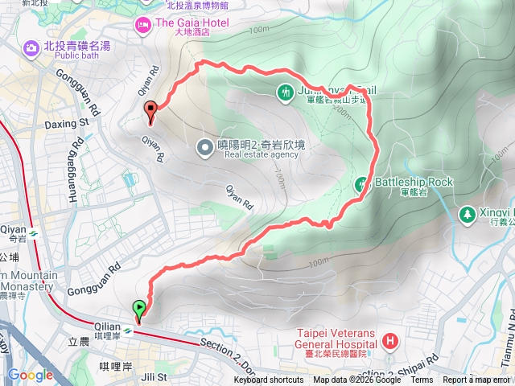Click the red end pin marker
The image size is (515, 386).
click(150, 112)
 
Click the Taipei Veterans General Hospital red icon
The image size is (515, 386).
click(390, 341)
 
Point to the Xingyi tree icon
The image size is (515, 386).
click(466, 215)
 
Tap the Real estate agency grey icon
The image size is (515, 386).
click(206, 146)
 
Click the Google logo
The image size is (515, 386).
click(30, 375)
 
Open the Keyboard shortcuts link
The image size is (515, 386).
click(269, 380)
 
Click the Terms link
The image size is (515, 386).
click(422, 380)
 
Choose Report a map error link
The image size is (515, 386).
click(476, 380)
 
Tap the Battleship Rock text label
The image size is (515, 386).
click(414, 182)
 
